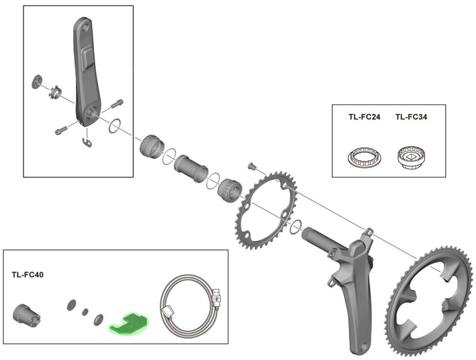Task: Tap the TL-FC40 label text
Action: (x=28, y=275)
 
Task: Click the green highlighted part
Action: (x=129, y=323)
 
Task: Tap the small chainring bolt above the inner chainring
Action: (x=252, y=166)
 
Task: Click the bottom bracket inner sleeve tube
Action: (x=191, y=167)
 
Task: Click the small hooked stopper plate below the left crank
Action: (x=86, y=142)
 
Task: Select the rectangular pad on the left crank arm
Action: (x=89, y=58)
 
